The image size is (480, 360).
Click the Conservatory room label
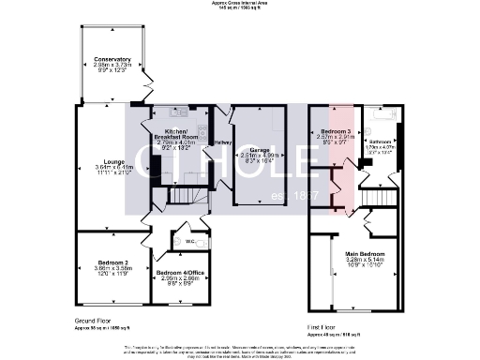(112, 58)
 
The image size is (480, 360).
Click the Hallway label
(223, 142)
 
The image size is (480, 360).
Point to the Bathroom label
(380, 141)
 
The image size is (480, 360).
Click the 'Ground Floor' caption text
(94, 321)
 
